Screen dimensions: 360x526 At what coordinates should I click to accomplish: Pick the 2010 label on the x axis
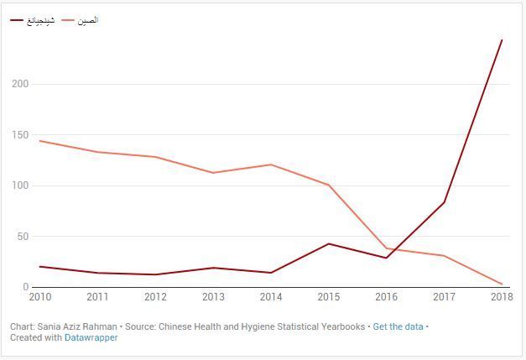(x=39, y=296)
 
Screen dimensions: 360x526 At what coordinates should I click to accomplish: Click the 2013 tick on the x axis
(x=213, y=296)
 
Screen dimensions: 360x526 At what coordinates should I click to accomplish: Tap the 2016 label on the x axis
(x=386, y=296)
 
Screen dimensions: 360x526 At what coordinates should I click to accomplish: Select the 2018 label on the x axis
(x=501, y=296)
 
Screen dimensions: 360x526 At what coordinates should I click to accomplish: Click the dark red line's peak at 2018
(x=502, y=39)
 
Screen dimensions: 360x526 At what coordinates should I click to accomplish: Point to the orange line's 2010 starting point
(x=39, y=141)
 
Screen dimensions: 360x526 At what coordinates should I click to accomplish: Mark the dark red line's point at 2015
(x=328, y=243)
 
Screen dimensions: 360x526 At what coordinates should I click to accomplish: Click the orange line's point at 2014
(x=271, y=164)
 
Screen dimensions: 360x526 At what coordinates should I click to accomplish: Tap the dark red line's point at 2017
(x=444, y=202)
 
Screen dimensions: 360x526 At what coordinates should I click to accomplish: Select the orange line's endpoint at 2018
(x=502, y=284)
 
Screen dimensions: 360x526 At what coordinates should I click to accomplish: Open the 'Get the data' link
(x=398, y=326)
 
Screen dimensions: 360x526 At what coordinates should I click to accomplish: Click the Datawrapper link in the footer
(x=91, y=337)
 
